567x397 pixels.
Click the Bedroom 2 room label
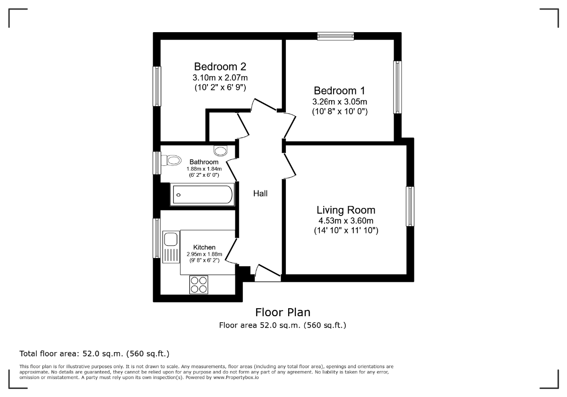click(220, 67)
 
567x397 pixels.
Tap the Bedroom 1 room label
click(339, 91)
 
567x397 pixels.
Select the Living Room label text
click(346, 210)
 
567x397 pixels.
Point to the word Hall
click(260, 193)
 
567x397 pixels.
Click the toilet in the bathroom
click(171, 160)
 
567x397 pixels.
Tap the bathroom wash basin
click(221, 151)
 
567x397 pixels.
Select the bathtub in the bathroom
click(202, 194)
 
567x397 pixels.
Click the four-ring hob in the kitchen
click(199, 285)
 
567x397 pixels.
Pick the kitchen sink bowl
click(171, 239)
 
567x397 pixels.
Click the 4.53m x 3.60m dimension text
click(346, 221)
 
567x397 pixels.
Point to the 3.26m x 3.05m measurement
click(339, 102)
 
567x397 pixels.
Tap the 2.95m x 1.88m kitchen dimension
click(204, 254)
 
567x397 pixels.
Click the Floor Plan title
click(283, 312)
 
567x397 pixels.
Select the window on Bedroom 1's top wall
click(335, 36)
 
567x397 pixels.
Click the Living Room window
click(410, 207)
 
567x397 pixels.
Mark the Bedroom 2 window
click(157, 86)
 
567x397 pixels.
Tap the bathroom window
click(157, 163)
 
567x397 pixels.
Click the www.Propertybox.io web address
click(236, 378)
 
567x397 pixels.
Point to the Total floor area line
click(94, 354)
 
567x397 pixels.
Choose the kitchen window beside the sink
click(157, 238)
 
